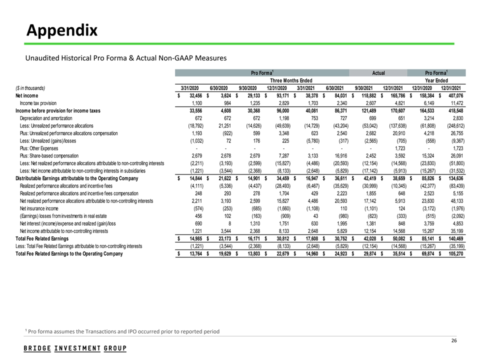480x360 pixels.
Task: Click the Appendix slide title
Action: (62, 31)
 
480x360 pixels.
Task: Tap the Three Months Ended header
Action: (291, 80)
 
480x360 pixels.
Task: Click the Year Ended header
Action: (436, 80)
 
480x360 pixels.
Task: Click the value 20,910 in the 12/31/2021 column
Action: (395, 133)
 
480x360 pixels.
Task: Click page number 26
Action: (454, 341)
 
